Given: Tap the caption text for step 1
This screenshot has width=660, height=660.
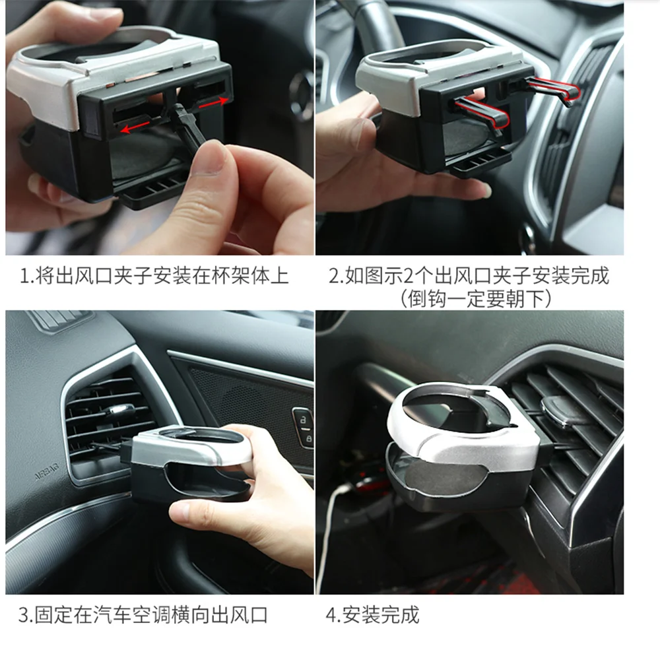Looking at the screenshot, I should click(154, 275).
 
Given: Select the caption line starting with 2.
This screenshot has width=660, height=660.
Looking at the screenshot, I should click(469, 275).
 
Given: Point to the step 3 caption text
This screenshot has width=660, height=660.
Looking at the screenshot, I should click(143, 616).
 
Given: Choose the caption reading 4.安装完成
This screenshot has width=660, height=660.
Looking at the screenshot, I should click(372, 616).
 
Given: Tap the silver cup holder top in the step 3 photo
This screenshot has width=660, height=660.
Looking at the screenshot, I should click(191, 449).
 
